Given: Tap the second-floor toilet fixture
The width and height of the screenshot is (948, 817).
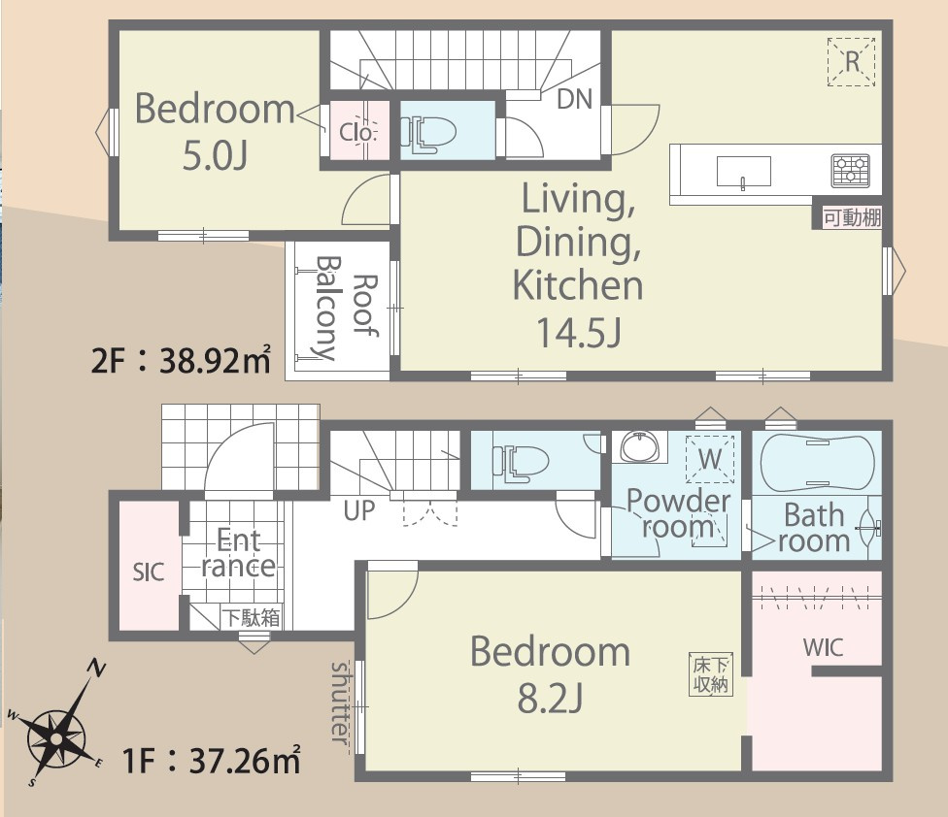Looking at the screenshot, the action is coord(428,134).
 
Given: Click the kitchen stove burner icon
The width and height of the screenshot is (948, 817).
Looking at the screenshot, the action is coord(851,171).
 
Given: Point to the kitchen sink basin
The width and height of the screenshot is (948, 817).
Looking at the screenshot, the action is coord(744,172).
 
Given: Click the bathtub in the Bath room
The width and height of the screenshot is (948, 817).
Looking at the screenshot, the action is coord(817,462).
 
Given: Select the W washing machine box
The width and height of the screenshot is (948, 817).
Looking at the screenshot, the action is coord(710,460).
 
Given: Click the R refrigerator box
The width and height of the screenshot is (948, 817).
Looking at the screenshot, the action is coord(851,61).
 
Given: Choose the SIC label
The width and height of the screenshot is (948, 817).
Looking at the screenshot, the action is coord(149,572).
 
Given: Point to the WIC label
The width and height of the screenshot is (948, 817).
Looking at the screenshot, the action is coord(823,647).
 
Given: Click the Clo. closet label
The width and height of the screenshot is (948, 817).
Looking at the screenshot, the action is coord(357,132).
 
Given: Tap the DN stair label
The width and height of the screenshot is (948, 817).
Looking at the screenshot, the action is coord(574,99).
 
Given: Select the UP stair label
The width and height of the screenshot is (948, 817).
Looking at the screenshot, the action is coord(359,510).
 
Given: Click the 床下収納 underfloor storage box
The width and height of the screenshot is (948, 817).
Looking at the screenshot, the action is coord(711,674).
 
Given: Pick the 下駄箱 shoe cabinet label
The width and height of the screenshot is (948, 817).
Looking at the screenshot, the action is coord(251,618).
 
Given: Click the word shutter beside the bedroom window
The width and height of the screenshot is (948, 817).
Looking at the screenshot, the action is coord(340,703).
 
